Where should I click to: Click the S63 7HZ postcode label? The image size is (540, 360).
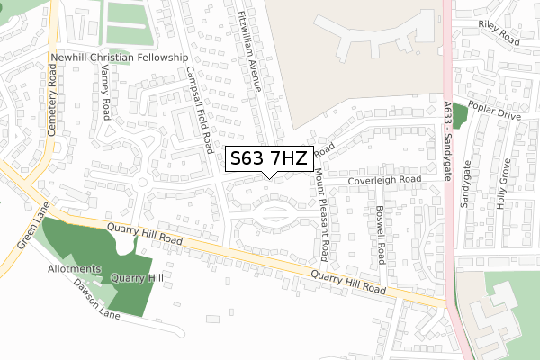(269, 159)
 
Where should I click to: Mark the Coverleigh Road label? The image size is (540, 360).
(386, 180)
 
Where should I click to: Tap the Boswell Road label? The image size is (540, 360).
(381, 232)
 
